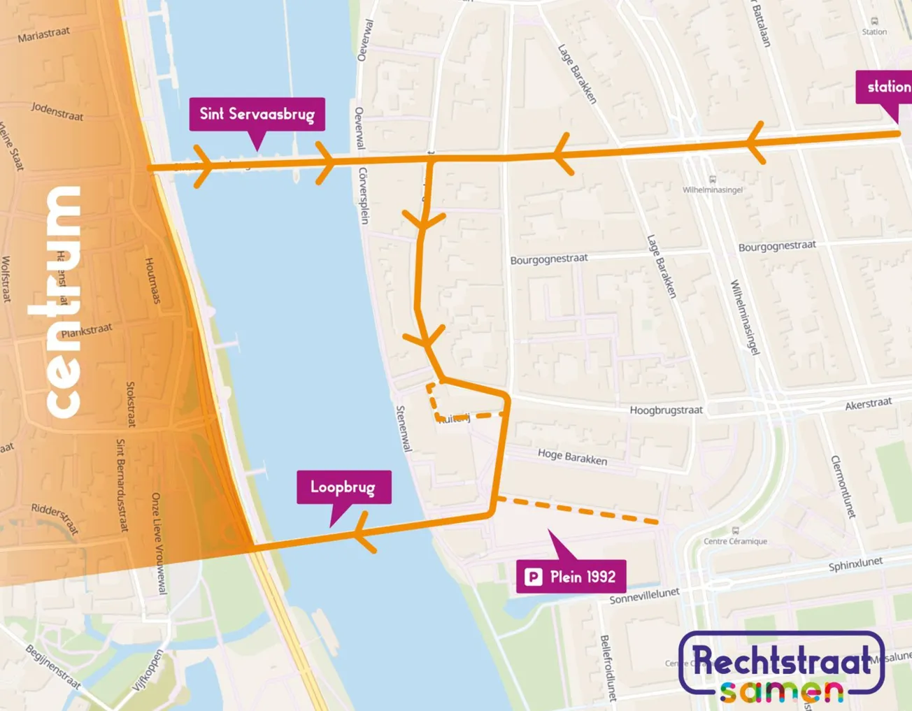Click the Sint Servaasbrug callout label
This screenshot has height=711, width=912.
257,114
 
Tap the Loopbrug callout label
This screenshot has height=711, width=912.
343,487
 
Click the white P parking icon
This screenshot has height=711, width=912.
534,577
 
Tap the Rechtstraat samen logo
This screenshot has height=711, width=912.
781,668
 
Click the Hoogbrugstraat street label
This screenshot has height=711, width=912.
666,410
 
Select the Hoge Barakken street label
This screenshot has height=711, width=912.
572,457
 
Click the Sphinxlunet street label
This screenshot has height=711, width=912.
855,565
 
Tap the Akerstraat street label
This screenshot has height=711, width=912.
868,404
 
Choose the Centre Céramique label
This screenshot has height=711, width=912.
735,541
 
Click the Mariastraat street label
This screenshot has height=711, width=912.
43,34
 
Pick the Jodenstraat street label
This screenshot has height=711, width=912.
57,110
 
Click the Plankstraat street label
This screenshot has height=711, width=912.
86,331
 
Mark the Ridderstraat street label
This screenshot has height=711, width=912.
55,518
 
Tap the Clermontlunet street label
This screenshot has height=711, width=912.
843,487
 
